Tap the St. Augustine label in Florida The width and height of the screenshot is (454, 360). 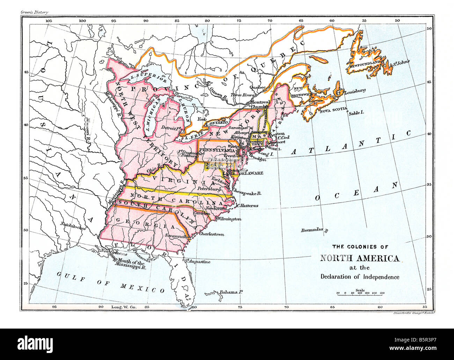point(198,261)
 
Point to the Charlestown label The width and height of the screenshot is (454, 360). point(211,234)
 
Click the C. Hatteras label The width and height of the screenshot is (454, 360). point(248,206)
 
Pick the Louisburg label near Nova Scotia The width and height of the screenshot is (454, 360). point(355,91)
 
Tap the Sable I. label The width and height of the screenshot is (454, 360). point(357,113)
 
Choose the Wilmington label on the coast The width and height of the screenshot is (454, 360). point(229,219)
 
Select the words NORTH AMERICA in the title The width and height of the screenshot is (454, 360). point(360,259)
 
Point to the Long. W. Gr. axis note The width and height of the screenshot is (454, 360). point(123,307)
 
